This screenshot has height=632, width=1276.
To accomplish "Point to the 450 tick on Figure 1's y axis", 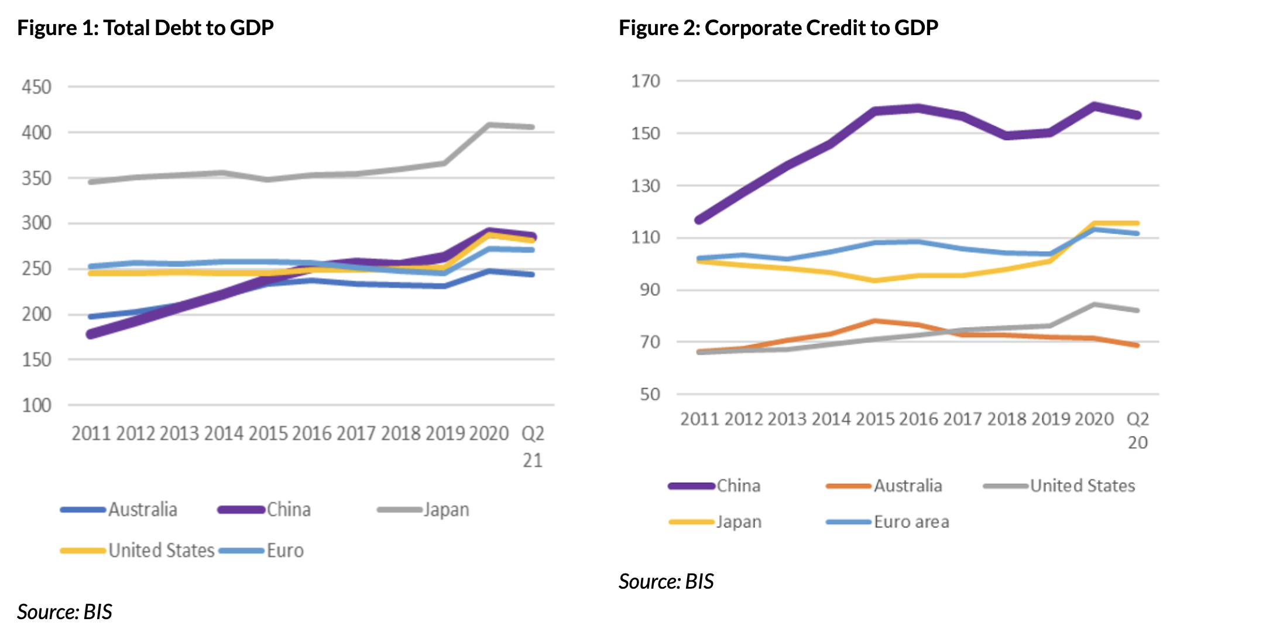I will tap(36, 87).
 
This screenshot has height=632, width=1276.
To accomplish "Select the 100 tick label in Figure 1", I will tap(36, 406).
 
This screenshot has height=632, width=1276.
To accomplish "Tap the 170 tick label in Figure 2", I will tap(646, 81).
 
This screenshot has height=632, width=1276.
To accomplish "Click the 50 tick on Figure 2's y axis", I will tap(650, 394).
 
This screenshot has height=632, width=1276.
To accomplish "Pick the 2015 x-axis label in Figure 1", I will tap(268, 434).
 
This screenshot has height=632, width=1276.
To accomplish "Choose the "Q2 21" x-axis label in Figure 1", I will tap(533, 446).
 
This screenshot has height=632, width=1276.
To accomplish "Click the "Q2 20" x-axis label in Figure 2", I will tap(1137, 431).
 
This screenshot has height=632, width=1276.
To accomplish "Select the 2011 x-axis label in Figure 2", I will tap(699, 420).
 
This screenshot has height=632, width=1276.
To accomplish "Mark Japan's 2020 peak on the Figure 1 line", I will tap(489, 125).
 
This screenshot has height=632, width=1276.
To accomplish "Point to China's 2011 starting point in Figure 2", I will tap(699, 220).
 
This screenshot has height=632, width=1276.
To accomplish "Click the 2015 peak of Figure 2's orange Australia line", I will tap(875, 321).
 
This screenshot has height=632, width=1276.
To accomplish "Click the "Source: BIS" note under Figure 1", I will tap(64, 612).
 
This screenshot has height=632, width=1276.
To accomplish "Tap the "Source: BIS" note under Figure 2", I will tap(666, 582).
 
